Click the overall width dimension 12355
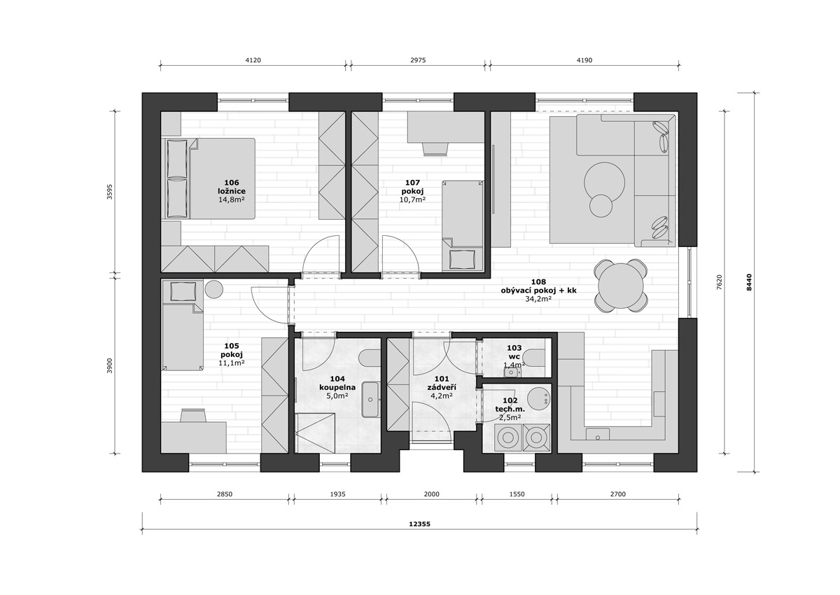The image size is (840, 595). coord(419,524)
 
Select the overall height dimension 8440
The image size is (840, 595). coord(749,282)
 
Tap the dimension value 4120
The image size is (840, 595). coord(253,60)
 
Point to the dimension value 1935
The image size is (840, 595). coord(337,494)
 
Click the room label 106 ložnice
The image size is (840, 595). coord(232,187)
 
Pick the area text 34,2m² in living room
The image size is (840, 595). coord(538,298)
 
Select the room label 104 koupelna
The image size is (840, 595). coord(337,383)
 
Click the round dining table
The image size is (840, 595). coord(621,286)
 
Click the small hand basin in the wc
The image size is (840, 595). coord(511,372)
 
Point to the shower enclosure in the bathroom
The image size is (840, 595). coord(314,433)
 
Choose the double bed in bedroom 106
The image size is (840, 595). coord(208,178)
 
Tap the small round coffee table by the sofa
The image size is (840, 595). coord(601,206)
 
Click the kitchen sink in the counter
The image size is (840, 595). coord(598,434)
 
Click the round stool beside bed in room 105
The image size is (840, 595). coord(213,289)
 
